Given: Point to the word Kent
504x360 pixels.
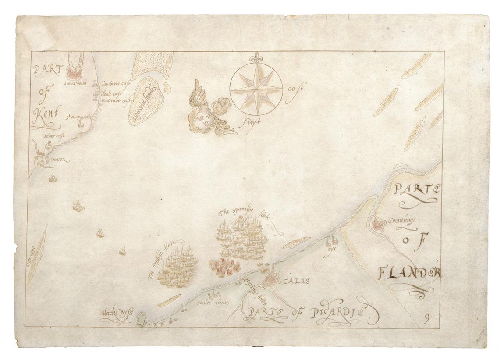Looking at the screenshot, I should click(x=44, y=116).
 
